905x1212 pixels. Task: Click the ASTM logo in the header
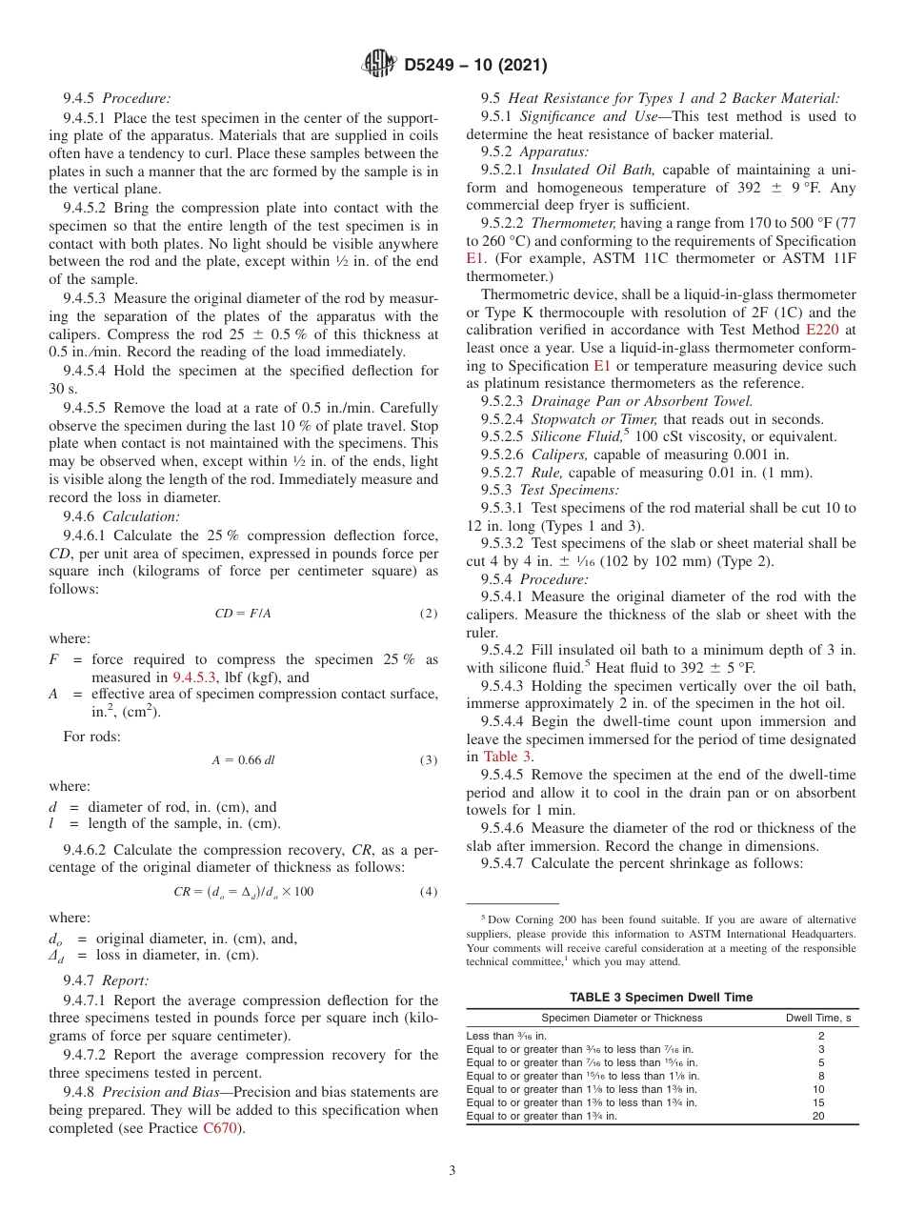tap(379, 65)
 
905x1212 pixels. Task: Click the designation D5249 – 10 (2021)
tap(475, 66)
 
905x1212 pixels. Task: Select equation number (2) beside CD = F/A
tap(429, 614)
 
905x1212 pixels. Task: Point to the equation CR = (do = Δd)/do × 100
tap(244, 892)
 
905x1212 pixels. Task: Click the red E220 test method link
tap(825, 330)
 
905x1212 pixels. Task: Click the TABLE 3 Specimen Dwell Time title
tap(660, 997)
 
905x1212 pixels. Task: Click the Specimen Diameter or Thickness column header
tap(622, 1018)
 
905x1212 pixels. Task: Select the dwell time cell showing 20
tap(818, 1116)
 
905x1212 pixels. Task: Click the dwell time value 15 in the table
tap(818, 1102)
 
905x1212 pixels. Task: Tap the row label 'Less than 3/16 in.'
tap(506, 1036)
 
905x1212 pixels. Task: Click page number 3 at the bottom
tap(452, 1170)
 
